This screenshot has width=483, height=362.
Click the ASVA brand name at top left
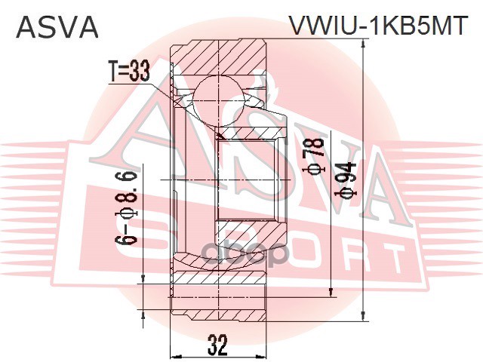[57, 27]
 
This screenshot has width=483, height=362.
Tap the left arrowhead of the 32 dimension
[175, 355]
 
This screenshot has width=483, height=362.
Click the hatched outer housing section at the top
[219, 57]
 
